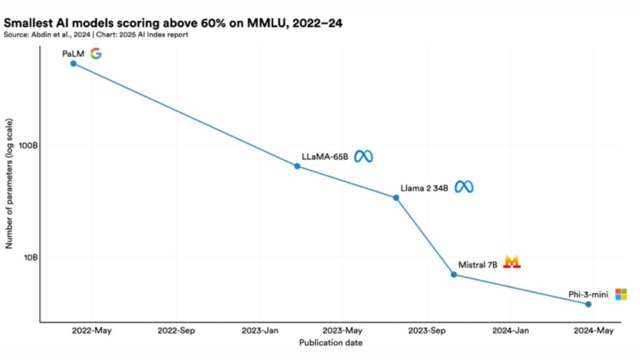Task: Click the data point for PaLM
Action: (73, 63)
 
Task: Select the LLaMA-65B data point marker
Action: (297, 166)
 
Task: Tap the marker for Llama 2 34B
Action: (396, 197)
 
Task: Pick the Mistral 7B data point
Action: (454, 274)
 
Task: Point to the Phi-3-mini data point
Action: (588, 304)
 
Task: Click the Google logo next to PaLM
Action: (95, 53)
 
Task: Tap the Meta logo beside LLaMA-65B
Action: (363, 156)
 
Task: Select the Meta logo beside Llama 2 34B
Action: (464, 187)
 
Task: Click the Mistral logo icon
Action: (512, 262)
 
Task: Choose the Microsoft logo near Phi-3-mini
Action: (621, 294)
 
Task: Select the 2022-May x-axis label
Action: (91, 331)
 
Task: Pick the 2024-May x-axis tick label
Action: (593, 331)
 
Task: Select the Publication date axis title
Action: (331, 342)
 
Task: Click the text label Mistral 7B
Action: (477, 265)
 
